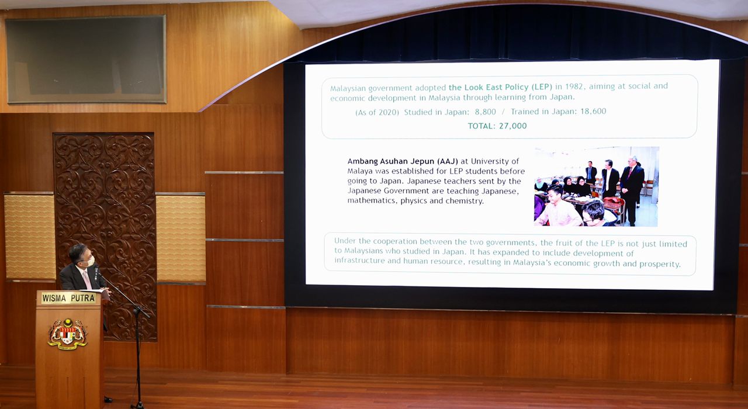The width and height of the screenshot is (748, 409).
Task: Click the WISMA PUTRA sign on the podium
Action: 68,298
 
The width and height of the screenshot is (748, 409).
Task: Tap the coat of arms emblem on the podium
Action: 67,334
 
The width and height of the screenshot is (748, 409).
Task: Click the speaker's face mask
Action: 91,261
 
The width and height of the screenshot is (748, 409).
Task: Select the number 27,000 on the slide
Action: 512,126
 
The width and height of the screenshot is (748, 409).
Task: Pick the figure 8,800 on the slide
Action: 485,112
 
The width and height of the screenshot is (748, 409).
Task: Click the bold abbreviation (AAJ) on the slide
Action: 447,162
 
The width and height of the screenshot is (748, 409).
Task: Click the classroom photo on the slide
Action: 596,186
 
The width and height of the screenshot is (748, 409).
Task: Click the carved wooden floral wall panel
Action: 105,237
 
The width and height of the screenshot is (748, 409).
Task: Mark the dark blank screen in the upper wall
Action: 85,59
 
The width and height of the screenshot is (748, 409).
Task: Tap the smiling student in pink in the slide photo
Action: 558,206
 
